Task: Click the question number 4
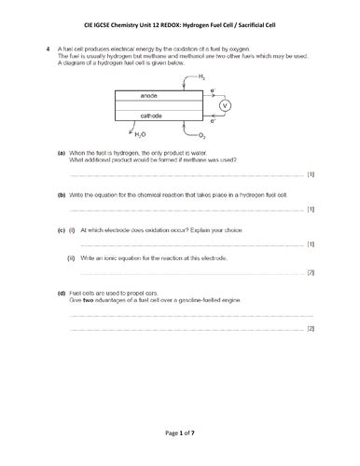(48, 47)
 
